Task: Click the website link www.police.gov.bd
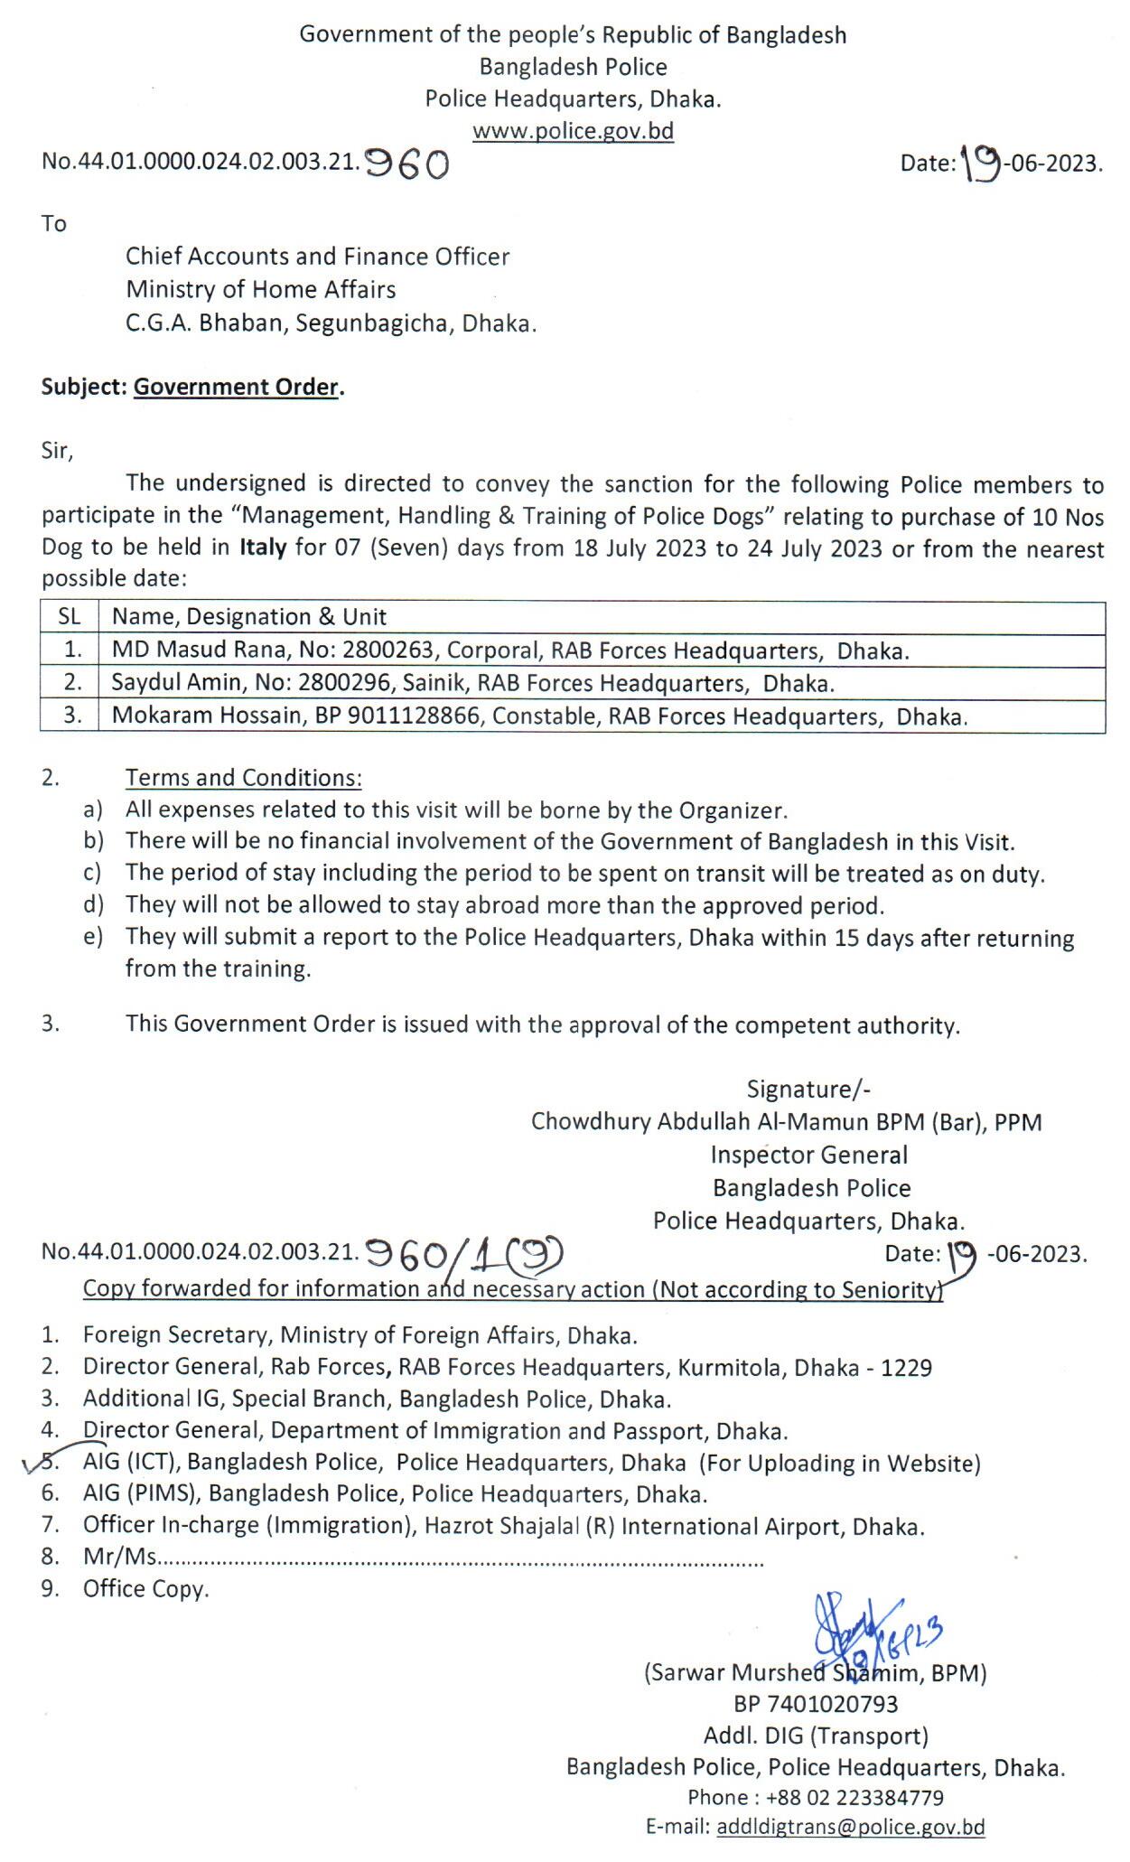573,131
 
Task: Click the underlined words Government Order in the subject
236,387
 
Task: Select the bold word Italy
263,548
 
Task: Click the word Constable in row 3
548,716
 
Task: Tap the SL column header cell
70,617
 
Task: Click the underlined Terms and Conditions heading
243,778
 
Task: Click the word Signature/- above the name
808,1090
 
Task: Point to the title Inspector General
808,1155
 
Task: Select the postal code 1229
906,1367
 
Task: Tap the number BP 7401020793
816,1704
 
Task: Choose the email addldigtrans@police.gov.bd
850,1828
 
